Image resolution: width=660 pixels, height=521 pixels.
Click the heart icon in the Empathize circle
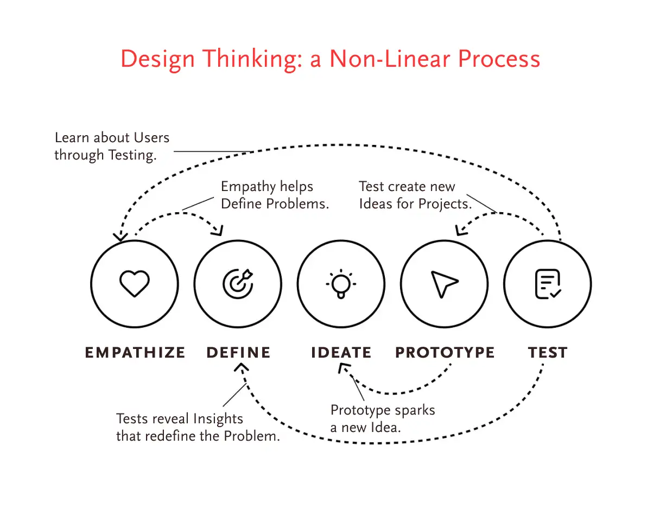coord(134,283)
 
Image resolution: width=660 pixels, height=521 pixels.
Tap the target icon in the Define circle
coord(238,284)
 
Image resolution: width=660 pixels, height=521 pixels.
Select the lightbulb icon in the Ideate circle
coord(341,284)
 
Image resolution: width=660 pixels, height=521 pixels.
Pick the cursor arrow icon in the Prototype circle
coord(445,284)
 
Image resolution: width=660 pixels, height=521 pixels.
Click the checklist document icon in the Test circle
coord(548,284)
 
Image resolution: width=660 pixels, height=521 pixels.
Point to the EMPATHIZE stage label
coord(135,352)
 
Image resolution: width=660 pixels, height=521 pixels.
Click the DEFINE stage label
coord(238,352)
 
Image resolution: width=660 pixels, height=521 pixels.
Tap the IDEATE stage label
coord(341,352)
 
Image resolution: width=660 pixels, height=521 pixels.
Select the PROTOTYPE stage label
coord(445,352)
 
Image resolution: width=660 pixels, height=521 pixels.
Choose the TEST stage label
coord(548,352)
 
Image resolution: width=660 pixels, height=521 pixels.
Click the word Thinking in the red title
coord(249,59)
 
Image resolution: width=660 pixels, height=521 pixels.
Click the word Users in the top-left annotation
coord(151,137)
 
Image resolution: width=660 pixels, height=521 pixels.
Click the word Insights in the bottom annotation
coord(218,419)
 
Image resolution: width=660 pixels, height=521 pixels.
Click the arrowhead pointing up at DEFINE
coord(242,367)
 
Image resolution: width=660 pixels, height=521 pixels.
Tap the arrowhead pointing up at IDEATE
coord(344,367)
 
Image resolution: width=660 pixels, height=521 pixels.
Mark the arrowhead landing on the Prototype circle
coord(461,231)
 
